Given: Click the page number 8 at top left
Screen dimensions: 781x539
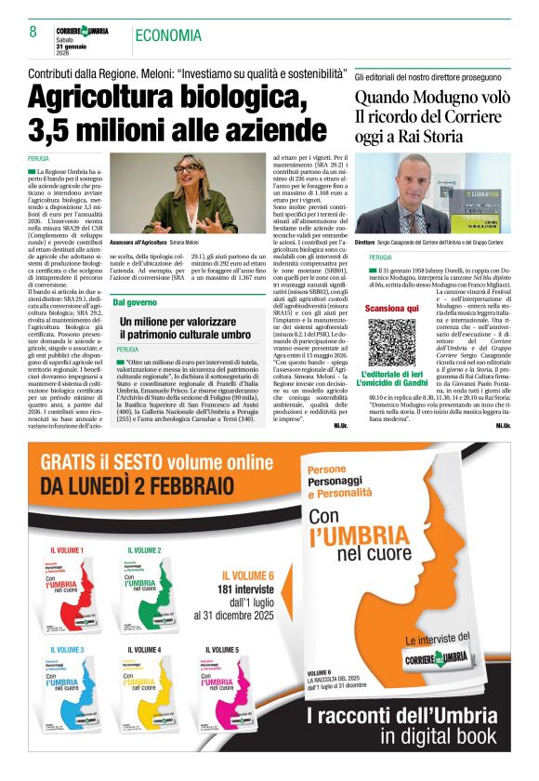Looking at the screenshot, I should click(x=33, y=33).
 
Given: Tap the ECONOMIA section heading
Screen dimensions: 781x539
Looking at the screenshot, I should click(x=168, y=35).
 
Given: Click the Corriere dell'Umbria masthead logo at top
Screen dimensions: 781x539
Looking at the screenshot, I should click(x=82, y=32).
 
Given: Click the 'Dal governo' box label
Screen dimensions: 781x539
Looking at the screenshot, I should click(x=136, y=302).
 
